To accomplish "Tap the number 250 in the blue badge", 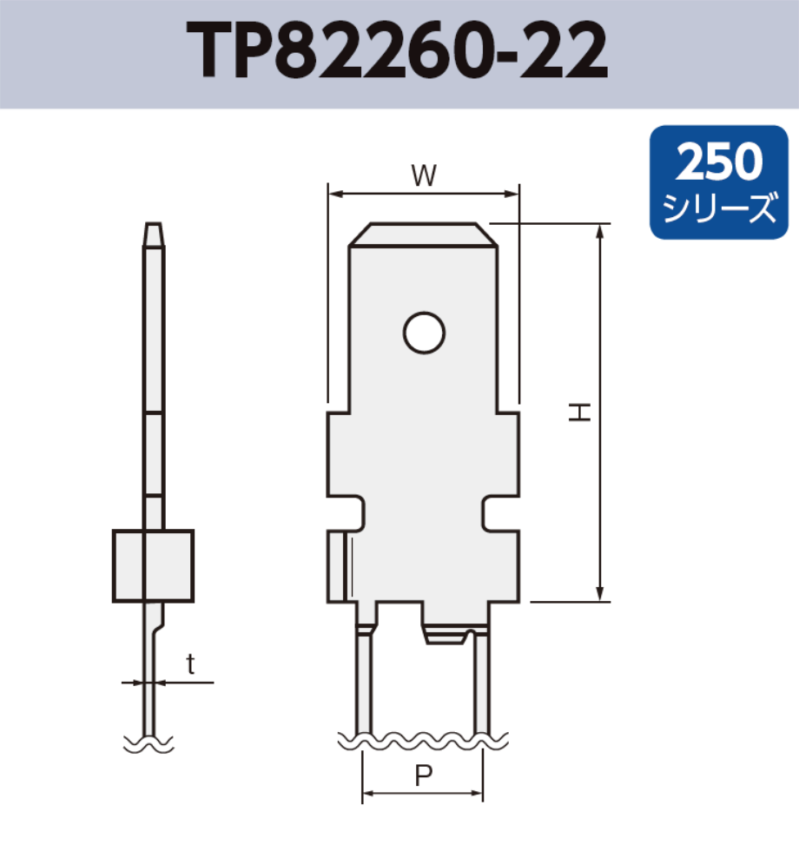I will (719, 161).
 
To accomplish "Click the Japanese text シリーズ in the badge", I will (719, 208).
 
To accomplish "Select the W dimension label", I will (423, 176).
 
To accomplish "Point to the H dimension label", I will (580, 412).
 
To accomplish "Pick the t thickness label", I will (190, 665).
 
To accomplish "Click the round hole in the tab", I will (424, 332).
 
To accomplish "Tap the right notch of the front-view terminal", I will (498, 514).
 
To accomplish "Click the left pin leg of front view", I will (364, 686).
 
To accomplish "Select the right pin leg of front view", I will (482, 686).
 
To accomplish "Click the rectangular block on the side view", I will (153, 565).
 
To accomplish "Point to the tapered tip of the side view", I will (153, 233).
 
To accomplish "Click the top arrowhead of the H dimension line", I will (600, 230).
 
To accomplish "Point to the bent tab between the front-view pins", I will (447, 637).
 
